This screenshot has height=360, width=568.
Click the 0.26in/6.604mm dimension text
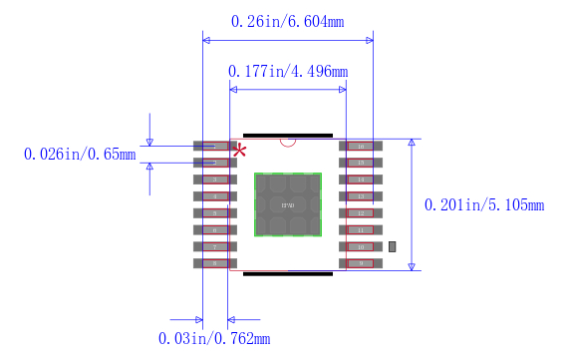tap(287, 21)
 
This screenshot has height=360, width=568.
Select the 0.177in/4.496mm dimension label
tap(288, 71)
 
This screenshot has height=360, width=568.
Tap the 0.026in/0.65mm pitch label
tap(79, 154)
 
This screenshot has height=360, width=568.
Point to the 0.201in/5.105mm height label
tap(484, 205)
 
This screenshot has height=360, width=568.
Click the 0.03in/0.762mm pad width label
tap(214, 339)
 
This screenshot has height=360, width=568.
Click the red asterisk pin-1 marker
tap(239, 152)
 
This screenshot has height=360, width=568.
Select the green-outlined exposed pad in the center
tap(288, 204)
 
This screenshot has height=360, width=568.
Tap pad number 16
tap(359, 147)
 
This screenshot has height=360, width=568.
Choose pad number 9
tap(359, 263)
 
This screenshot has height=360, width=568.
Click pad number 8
tap(215, 263)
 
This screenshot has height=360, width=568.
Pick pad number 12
tap(359, 213)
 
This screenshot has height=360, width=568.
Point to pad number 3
tap(215, 180)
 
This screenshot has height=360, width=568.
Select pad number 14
tap(359, 180)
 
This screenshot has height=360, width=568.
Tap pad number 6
tap(215, 230)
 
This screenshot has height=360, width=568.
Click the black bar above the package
tap(288, 135)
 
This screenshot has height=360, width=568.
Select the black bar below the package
tap(288, 272)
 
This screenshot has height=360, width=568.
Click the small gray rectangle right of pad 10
tap(393, 246)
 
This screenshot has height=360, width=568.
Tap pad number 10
tap(359, 246)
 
